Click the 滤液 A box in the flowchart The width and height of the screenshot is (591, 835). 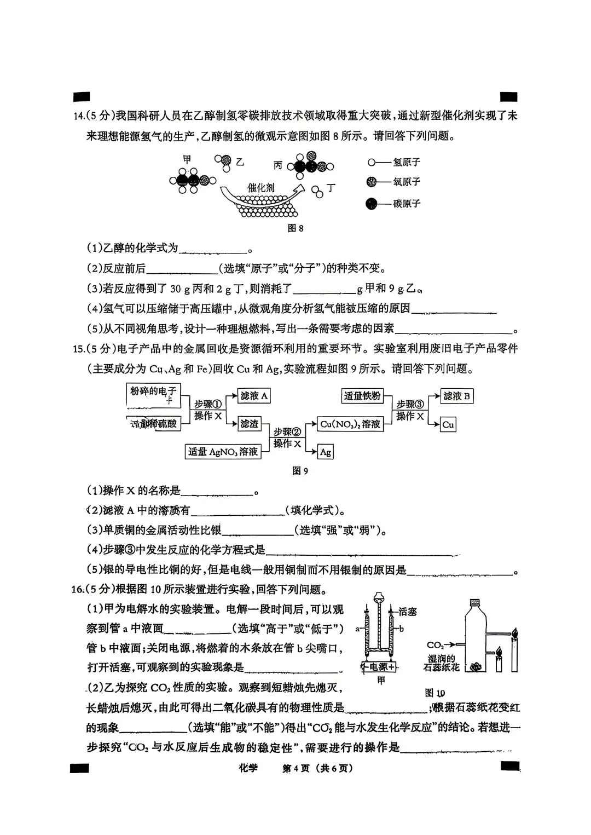pos(254,396)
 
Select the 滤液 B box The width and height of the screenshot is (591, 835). pos(457,396)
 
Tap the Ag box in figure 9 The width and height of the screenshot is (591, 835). pos(326,452)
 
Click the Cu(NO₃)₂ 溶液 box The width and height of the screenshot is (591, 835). pos(350,424)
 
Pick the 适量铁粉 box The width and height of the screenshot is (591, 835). pos(362,396)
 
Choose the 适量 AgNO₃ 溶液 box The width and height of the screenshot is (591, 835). pos(223,452)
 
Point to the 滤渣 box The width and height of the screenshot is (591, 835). pos(250,424)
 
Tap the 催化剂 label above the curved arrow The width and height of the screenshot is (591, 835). pos(260,187)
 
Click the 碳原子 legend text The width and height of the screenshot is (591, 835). pos(407,204)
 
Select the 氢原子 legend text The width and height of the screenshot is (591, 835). pos(407,162)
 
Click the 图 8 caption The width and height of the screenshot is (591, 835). pos(296,228)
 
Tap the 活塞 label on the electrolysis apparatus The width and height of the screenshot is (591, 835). pos(408,612)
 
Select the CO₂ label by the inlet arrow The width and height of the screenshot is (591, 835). pos(435,645)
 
